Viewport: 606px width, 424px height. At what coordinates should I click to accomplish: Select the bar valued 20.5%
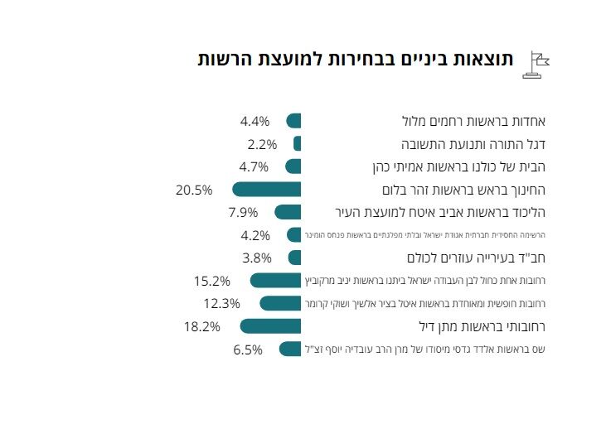coord(266,189)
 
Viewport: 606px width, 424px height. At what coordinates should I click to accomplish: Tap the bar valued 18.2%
coord(270,326)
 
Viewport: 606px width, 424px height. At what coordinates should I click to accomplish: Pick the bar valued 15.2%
coord(275,280)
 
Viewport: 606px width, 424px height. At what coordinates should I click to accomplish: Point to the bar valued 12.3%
coord(280,303)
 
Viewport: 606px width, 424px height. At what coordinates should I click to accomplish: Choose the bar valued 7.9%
coord(288,211)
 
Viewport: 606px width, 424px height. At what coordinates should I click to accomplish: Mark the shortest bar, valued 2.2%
coord(297,143)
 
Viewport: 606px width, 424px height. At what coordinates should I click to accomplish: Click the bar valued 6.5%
coord(290,349)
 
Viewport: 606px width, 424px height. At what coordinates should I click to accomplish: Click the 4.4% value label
coord(255,121)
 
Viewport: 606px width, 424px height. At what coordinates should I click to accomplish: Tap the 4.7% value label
coord(255,166)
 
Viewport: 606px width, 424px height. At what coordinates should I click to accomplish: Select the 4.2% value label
coord(255,234)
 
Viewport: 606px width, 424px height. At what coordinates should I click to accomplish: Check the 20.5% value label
coord(194,190)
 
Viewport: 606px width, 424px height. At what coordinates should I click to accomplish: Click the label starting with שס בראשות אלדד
coord(428,349)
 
